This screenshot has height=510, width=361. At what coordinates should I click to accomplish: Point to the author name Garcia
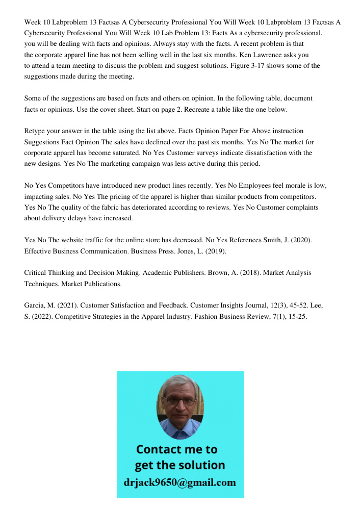(36, 305)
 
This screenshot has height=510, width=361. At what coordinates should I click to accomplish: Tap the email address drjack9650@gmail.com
(180, 482)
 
